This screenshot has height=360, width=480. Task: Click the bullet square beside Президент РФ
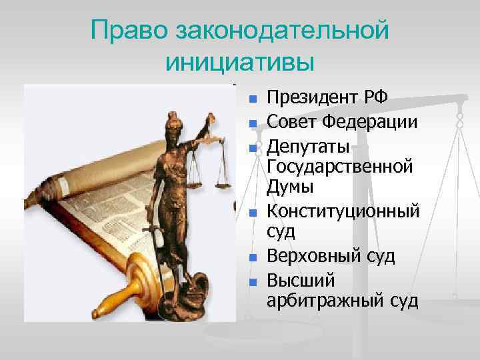[253, 100]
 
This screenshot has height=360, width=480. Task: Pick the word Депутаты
[307, 146]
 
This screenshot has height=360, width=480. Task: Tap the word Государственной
[339, 165]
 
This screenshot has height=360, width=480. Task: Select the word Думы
[289, 186]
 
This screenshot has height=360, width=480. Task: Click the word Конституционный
[343, 212]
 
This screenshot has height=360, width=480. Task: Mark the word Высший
[295, 279]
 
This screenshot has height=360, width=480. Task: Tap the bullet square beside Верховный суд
[253, 257]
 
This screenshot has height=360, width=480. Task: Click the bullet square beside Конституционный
[253, 213]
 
